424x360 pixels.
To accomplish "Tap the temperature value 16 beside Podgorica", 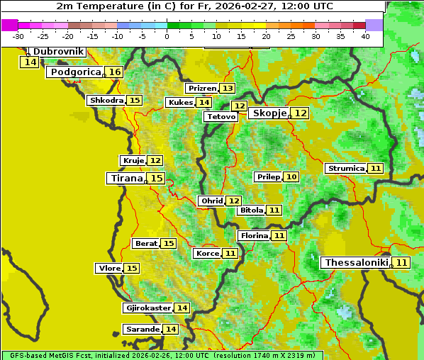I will (115, 72).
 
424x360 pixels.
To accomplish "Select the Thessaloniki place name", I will (356, 263).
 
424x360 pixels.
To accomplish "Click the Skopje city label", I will (269, 113).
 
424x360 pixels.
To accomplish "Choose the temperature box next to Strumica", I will (376, 169).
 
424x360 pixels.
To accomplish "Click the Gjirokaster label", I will (148, 308).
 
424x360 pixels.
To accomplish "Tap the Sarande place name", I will (143, 330).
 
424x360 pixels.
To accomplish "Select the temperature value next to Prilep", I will (291, 176).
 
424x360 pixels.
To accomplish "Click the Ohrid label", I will (211, 201).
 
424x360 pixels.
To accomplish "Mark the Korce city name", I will (207, 254).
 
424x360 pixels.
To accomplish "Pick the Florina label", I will (254, 235).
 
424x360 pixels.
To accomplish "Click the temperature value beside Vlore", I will (132, 269).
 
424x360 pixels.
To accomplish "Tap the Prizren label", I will (202, 89).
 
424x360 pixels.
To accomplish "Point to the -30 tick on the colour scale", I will (18, 36).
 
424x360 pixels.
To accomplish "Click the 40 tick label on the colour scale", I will (365, 36).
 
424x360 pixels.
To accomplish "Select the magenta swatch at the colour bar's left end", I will (10, 25).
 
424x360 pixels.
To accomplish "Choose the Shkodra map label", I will (106, 101).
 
